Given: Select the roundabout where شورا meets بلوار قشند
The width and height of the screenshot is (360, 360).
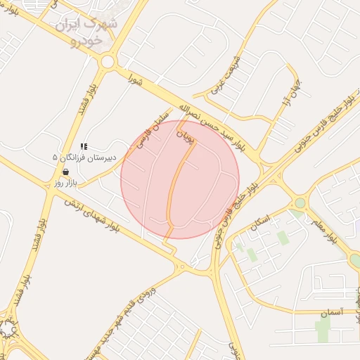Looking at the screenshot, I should [x=108, y=62].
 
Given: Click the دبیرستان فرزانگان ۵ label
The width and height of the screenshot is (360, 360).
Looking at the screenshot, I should [x=84, y=158].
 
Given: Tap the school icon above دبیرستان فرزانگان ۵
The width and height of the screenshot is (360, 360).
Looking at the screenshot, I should [x=84, y=146].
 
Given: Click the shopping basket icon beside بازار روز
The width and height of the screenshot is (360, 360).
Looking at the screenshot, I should [x=65, y=172].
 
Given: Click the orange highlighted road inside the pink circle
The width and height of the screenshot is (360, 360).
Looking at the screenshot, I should [x=173, y=190].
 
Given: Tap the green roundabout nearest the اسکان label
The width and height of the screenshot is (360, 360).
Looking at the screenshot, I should [x=300, y=203].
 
